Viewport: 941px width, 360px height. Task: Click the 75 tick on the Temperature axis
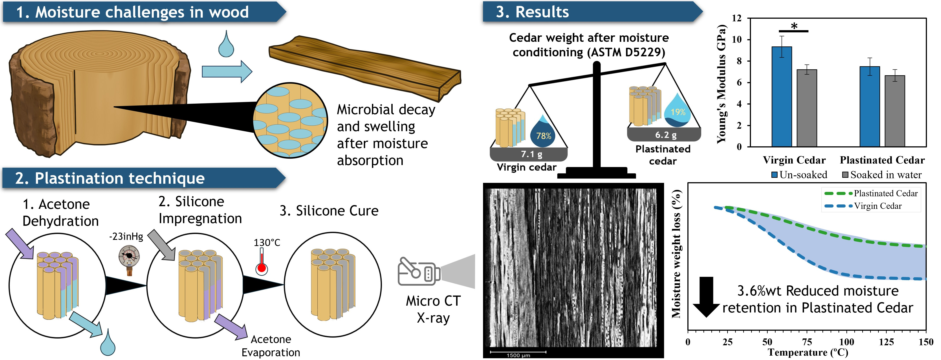coord(807,342)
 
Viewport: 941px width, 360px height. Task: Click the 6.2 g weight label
coord(666,135)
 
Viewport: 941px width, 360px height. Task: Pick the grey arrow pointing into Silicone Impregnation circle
coord(161,245)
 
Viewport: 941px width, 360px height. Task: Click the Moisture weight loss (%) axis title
coord(676,254)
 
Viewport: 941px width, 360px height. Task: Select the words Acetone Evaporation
coord(271,346)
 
